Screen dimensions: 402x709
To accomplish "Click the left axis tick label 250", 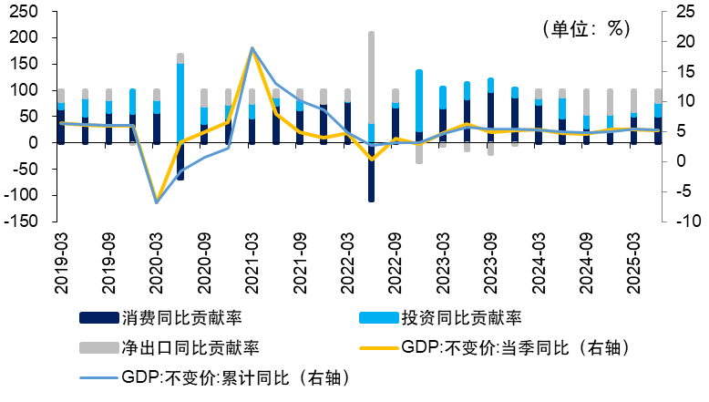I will click(25, 12).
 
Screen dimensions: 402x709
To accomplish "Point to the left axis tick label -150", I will click(21, 222).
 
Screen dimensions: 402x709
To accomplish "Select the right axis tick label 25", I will click(682, 12).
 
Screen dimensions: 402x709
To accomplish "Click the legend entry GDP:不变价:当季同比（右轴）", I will click(515, 347).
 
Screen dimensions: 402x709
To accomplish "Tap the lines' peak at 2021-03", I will click(252, 48).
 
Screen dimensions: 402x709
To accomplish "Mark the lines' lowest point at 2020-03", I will click(157, 201).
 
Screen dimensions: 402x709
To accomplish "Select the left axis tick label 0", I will click(36, 143).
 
